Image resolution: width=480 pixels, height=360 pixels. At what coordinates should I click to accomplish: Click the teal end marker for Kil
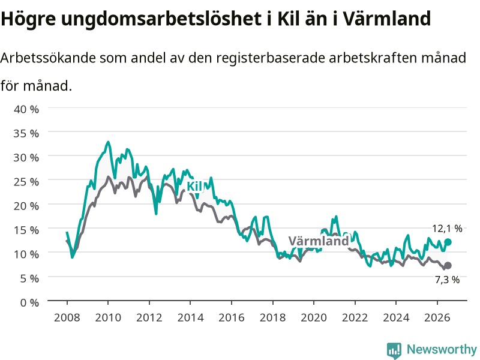coord(448,242)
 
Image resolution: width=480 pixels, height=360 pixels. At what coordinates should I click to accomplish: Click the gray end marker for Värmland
coord(448,265)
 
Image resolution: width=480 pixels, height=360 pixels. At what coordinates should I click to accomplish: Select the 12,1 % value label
coord(447,229)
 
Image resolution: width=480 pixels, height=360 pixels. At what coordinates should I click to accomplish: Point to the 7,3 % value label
coord(447,280)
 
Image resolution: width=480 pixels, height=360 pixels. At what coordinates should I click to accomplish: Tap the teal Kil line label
coord(194,186)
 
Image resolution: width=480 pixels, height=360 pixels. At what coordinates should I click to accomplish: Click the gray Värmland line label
coord(319,241)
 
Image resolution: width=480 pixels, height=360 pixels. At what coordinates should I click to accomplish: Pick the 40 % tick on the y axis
coord(26,109)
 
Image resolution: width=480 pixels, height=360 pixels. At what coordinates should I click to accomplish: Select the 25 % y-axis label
coord(26,182)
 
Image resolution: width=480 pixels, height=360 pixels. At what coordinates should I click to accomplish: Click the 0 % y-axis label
coord(29,303)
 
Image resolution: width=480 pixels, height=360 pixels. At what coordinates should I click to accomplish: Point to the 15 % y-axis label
coord(26,230)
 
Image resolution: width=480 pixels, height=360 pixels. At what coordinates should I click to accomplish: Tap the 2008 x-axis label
coord(67,317)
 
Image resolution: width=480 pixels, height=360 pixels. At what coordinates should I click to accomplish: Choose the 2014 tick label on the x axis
coord(190,317)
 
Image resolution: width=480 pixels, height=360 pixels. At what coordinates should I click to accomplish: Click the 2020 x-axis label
coord(314,317)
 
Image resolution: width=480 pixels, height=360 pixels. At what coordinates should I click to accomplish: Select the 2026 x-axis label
coord(437,317)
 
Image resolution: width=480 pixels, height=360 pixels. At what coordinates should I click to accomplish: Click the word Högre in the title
coord(28,19)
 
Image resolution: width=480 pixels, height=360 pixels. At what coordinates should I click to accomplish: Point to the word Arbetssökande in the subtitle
coord(48,58)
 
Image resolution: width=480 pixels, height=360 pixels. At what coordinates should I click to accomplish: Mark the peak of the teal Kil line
coord(108,142)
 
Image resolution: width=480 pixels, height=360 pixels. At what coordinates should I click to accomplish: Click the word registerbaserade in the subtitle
coord(271,58)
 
